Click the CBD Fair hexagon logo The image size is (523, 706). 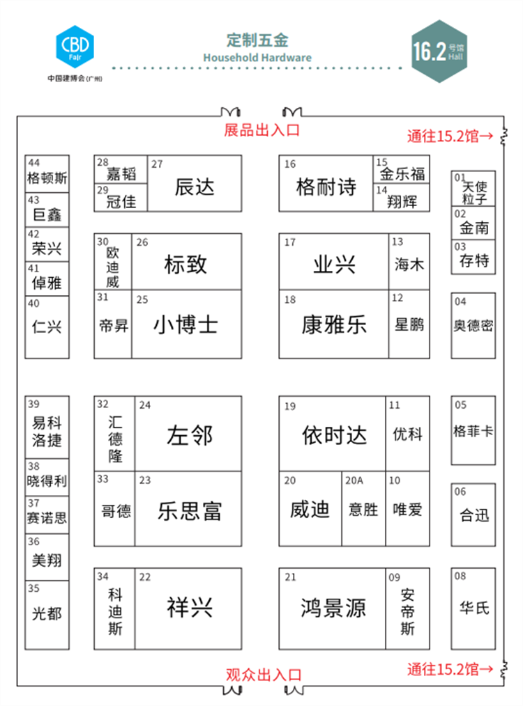(75, 47)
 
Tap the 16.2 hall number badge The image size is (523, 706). (439, 52)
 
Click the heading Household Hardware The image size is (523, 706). (257, 58)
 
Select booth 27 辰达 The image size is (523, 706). (195, 184)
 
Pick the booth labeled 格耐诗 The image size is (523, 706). (326, 184)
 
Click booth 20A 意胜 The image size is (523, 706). (363, 509)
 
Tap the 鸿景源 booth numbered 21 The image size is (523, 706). (333, 609)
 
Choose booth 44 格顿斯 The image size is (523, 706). (47, 174)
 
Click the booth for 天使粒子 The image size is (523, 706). (473, 189)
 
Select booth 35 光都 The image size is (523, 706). (47, 615)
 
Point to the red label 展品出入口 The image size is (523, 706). (262, 130)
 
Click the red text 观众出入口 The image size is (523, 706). (264, 675)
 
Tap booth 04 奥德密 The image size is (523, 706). (473, 326)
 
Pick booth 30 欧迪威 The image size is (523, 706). (113, 262)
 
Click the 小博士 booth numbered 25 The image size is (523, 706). (187, 324)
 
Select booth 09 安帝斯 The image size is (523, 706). (407, 609)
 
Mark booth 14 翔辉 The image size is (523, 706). (401, 197)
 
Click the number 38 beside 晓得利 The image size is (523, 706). (33, 466)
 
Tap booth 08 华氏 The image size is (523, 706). (473, 609)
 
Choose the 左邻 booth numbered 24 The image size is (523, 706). (188, 434)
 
